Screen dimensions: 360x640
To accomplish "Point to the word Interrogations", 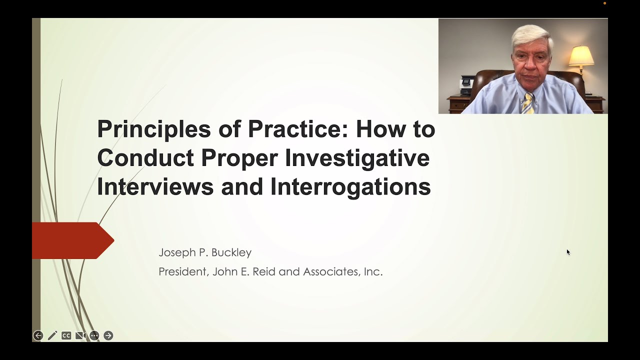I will pos(350,186).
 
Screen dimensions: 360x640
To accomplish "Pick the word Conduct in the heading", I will pos(145,158).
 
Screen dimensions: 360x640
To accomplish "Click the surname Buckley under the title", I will pos(231,252).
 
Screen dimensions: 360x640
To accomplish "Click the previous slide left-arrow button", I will pos(38,335).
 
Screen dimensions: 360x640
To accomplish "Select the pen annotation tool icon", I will pos(52,335).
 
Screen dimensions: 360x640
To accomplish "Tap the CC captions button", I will pos(66,335).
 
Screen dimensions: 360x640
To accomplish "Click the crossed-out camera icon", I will pos(80,335).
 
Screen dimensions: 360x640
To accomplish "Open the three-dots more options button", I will pos(94,335).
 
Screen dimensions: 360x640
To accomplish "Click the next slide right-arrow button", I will pos(108,335).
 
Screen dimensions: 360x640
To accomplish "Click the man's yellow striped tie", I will pos(527,103).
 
